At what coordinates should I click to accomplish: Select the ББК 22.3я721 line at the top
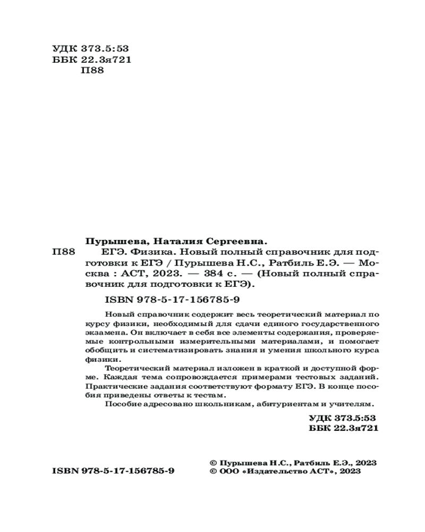point(92,60)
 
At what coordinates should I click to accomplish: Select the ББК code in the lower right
point(343,428)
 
